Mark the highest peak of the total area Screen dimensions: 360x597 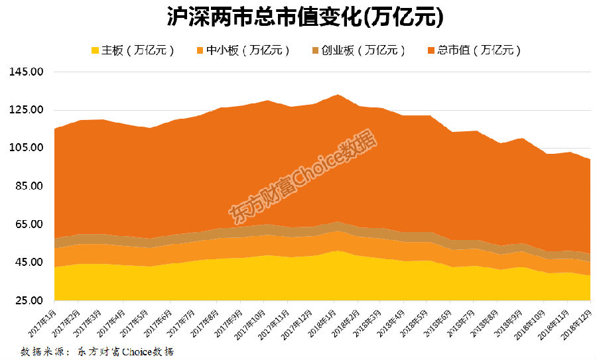(x=338, y=95)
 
